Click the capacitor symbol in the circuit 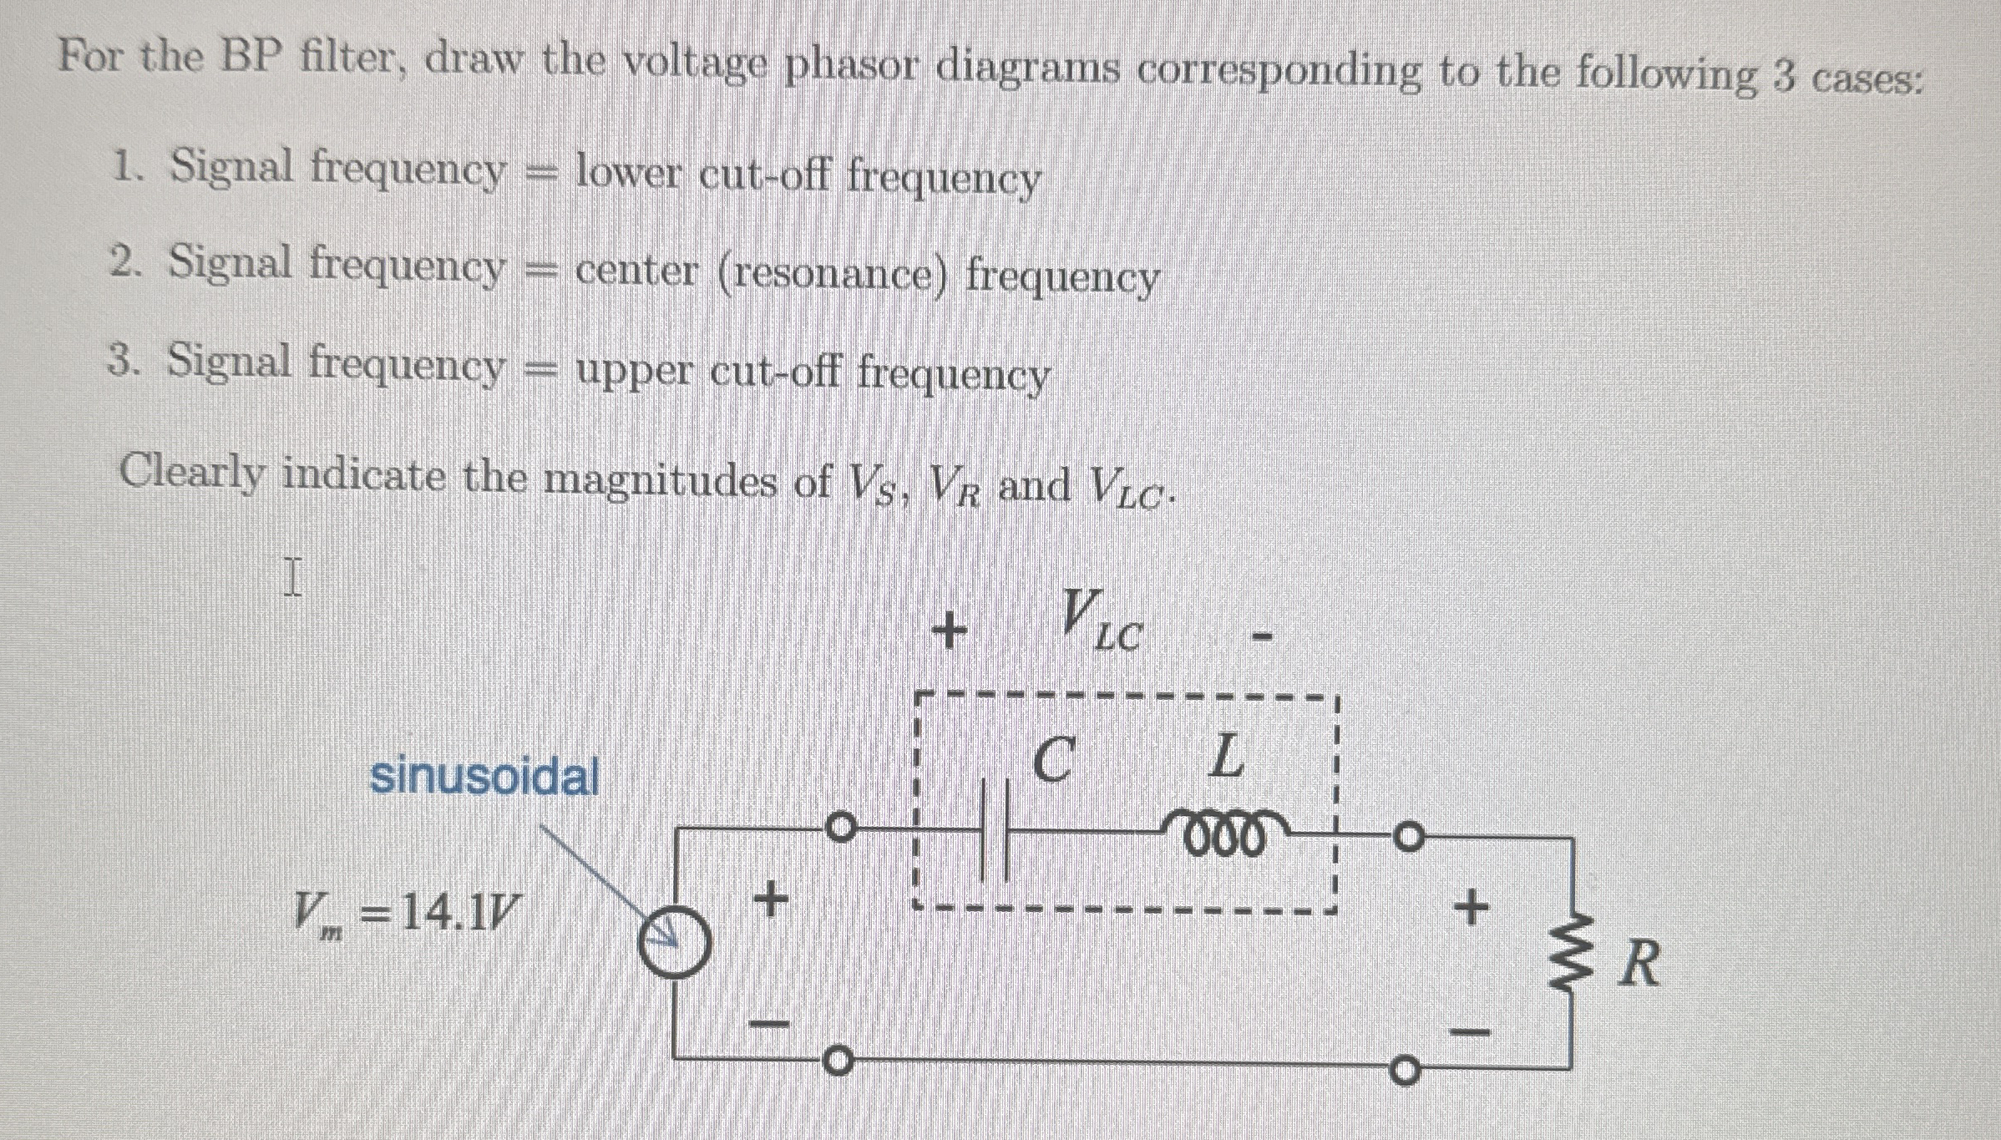point(995,830)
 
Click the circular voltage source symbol point(675,943)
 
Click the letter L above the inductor point(1226,757)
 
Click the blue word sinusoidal point(484,777)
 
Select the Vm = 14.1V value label point(406,915)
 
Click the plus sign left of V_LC point(950,631)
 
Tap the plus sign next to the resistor point(1471,907)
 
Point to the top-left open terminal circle point(840,828)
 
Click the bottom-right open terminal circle point(1405,1072)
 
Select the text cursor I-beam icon point(291,577)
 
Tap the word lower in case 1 point(628,173)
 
